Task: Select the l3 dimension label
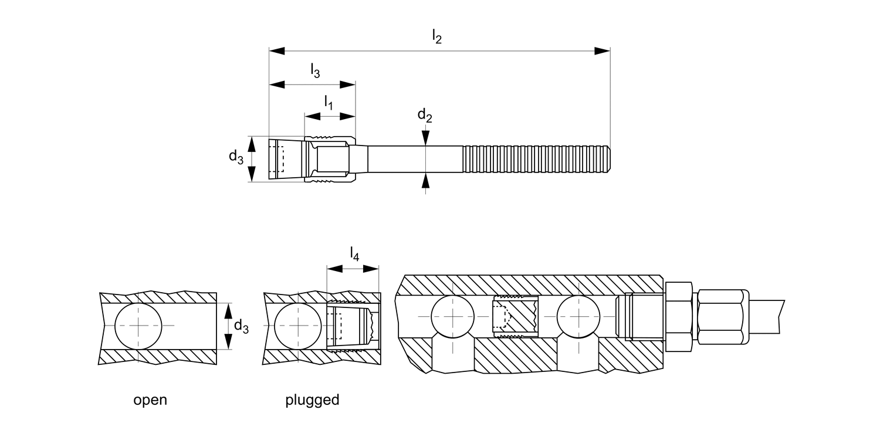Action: tap(315, 71)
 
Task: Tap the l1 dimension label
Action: tap(329, 104)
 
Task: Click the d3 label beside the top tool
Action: tap(236, 157)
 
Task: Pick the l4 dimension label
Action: tap(354, 254)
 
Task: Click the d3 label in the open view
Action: tap(241, 326)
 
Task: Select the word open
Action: tap(150, 400)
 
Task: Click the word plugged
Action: tap(312, 400)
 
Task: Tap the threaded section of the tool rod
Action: tap(537, 160)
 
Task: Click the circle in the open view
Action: tap(138, 326)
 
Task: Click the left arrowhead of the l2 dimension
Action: tap(276, 51)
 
